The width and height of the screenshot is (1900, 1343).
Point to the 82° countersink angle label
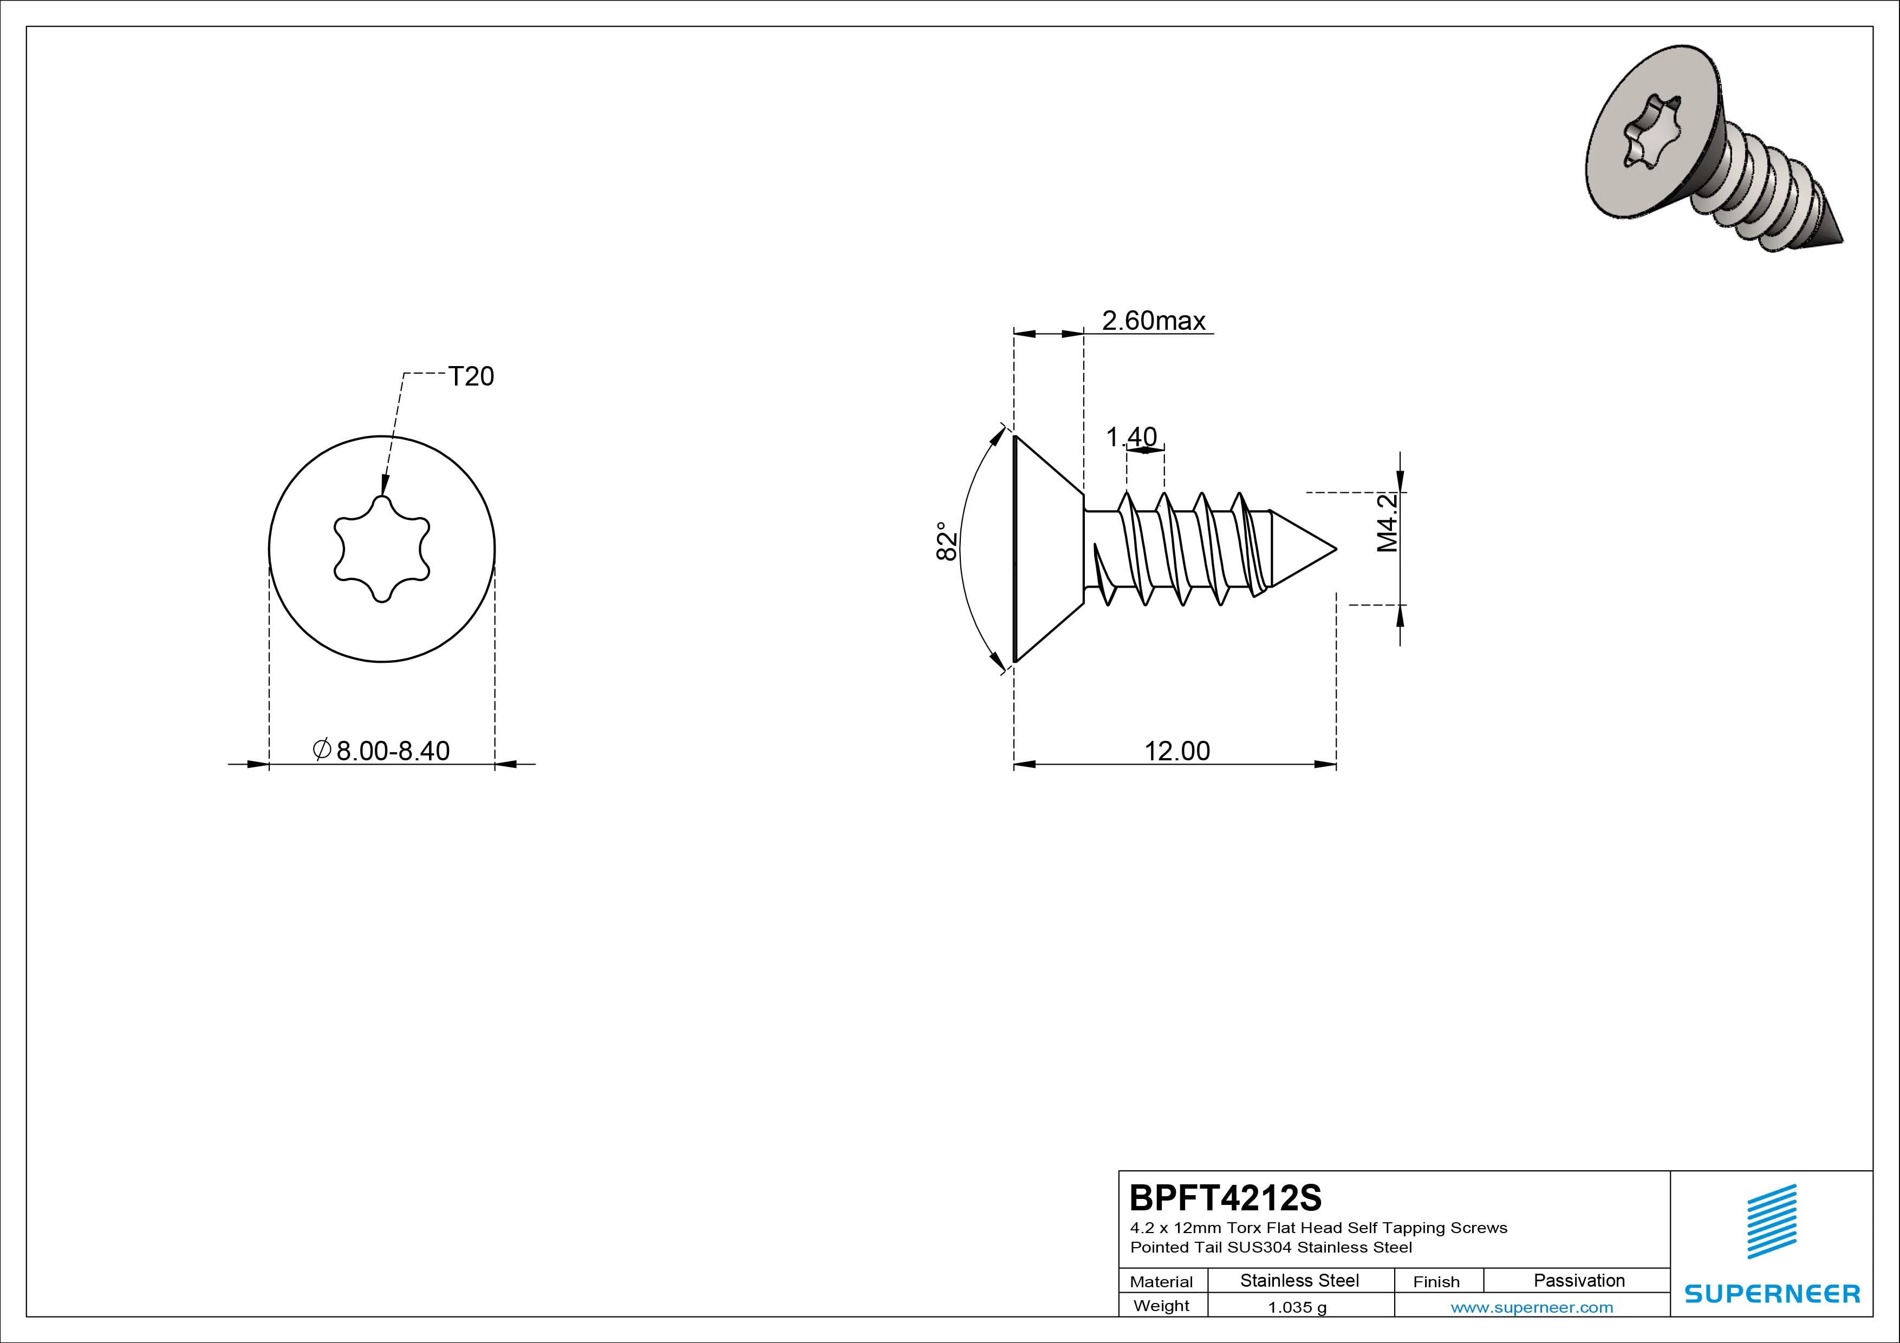click(947, 541)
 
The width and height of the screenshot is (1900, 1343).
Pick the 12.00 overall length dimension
click(1177, 751)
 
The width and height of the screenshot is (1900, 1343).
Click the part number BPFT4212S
click(1226, 1197)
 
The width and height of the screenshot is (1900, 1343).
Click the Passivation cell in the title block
click(1579, 1280)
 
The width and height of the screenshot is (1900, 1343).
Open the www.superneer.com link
click(1532, 1307)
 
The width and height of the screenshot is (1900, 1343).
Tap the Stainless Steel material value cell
click(1299, 1280)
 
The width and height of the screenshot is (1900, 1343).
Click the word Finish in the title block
click(1436, 1282)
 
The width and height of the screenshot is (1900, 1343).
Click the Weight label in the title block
click(1161, 1306)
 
